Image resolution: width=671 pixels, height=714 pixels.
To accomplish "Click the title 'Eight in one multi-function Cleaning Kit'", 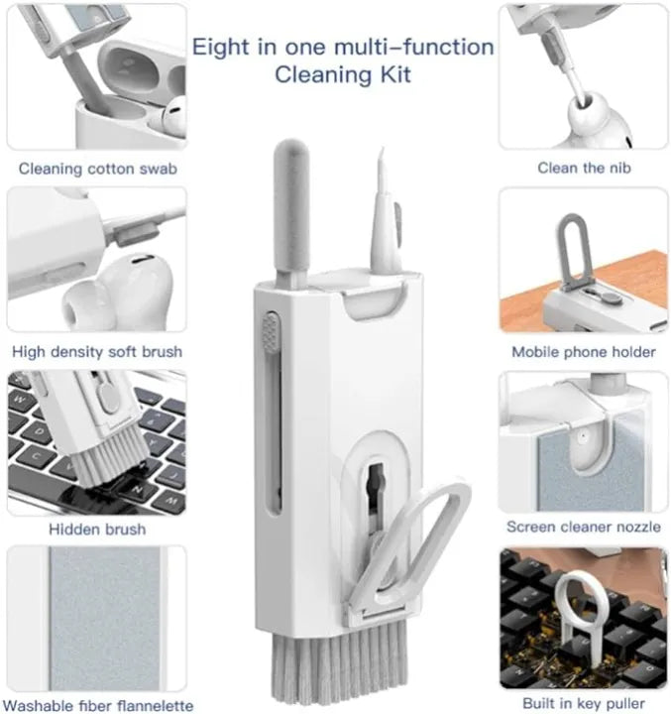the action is point(343,60).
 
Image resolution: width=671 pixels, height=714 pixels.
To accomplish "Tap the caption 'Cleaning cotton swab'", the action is point(98,169).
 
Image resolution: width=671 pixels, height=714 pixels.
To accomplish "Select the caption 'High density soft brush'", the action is point(97,352).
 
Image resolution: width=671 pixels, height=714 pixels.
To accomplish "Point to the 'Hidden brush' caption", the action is point(97,530).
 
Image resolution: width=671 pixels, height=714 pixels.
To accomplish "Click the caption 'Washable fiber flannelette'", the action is point(98,706).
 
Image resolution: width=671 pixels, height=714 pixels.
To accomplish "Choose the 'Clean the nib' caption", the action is point(584,168).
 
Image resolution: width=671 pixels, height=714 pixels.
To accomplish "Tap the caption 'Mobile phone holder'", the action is point(584,352).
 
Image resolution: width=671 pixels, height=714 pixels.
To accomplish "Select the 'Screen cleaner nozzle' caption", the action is point(584,527).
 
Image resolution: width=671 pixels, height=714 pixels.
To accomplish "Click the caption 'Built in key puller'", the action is point(584,703).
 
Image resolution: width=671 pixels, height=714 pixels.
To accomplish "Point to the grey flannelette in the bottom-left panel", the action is point(105,618).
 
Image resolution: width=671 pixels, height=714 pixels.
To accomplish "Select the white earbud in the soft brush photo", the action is point(117,292).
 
